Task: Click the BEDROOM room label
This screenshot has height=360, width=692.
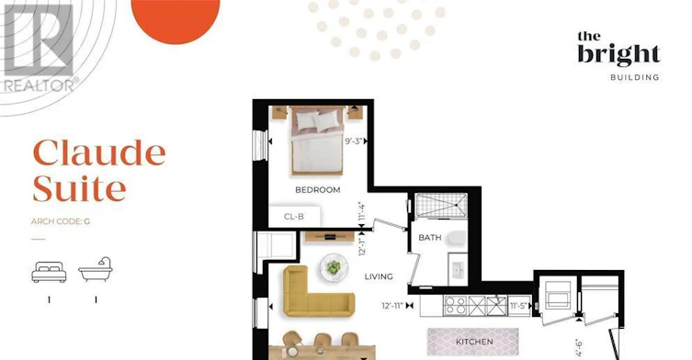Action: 318,190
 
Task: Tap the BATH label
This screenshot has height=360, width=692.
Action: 430,237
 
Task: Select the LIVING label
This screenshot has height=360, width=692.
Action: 379,276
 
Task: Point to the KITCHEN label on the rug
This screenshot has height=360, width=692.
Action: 474,342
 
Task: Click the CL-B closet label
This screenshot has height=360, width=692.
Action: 294,217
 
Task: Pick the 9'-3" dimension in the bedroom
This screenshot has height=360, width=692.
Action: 354,141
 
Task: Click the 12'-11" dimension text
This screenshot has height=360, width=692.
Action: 392,305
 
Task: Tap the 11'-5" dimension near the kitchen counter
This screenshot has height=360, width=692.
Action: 519,305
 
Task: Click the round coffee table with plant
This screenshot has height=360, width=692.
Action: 335,267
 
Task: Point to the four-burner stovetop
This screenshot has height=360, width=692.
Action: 455,305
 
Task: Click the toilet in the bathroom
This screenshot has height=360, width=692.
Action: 457,238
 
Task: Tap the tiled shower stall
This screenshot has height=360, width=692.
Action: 441,205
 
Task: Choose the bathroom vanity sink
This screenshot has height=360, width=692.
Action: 458,269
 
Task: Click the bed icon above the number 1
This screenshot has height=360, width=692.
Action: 49,272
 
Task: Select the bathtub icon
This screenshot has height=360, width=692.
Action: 96,270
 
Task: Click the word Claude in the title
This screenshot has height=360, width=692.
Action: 99,152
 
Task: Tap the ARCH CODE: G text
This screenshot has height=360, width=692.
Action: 61,221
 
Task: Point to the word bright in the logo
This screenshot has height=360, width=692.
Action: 618,55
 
